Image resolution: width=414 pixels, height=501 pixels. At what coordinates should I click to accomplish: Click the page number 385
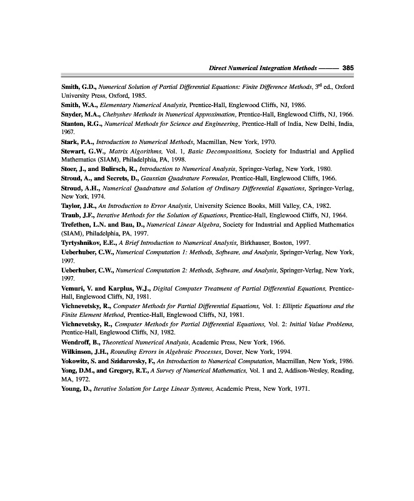point(348,68)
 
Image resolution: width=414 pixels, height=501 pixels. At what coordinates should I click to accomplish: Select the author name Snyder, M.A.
point(81,115)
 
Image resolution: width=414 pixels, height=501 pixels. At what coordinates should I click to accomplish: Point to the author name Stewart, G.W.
point(85,152)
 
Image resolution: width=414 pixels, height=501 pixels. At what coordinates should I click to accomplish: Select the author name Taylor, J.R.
point(79,205)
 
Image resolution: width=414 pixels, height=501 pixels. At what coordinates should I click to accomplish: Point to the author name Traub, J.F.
point(78,215)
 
